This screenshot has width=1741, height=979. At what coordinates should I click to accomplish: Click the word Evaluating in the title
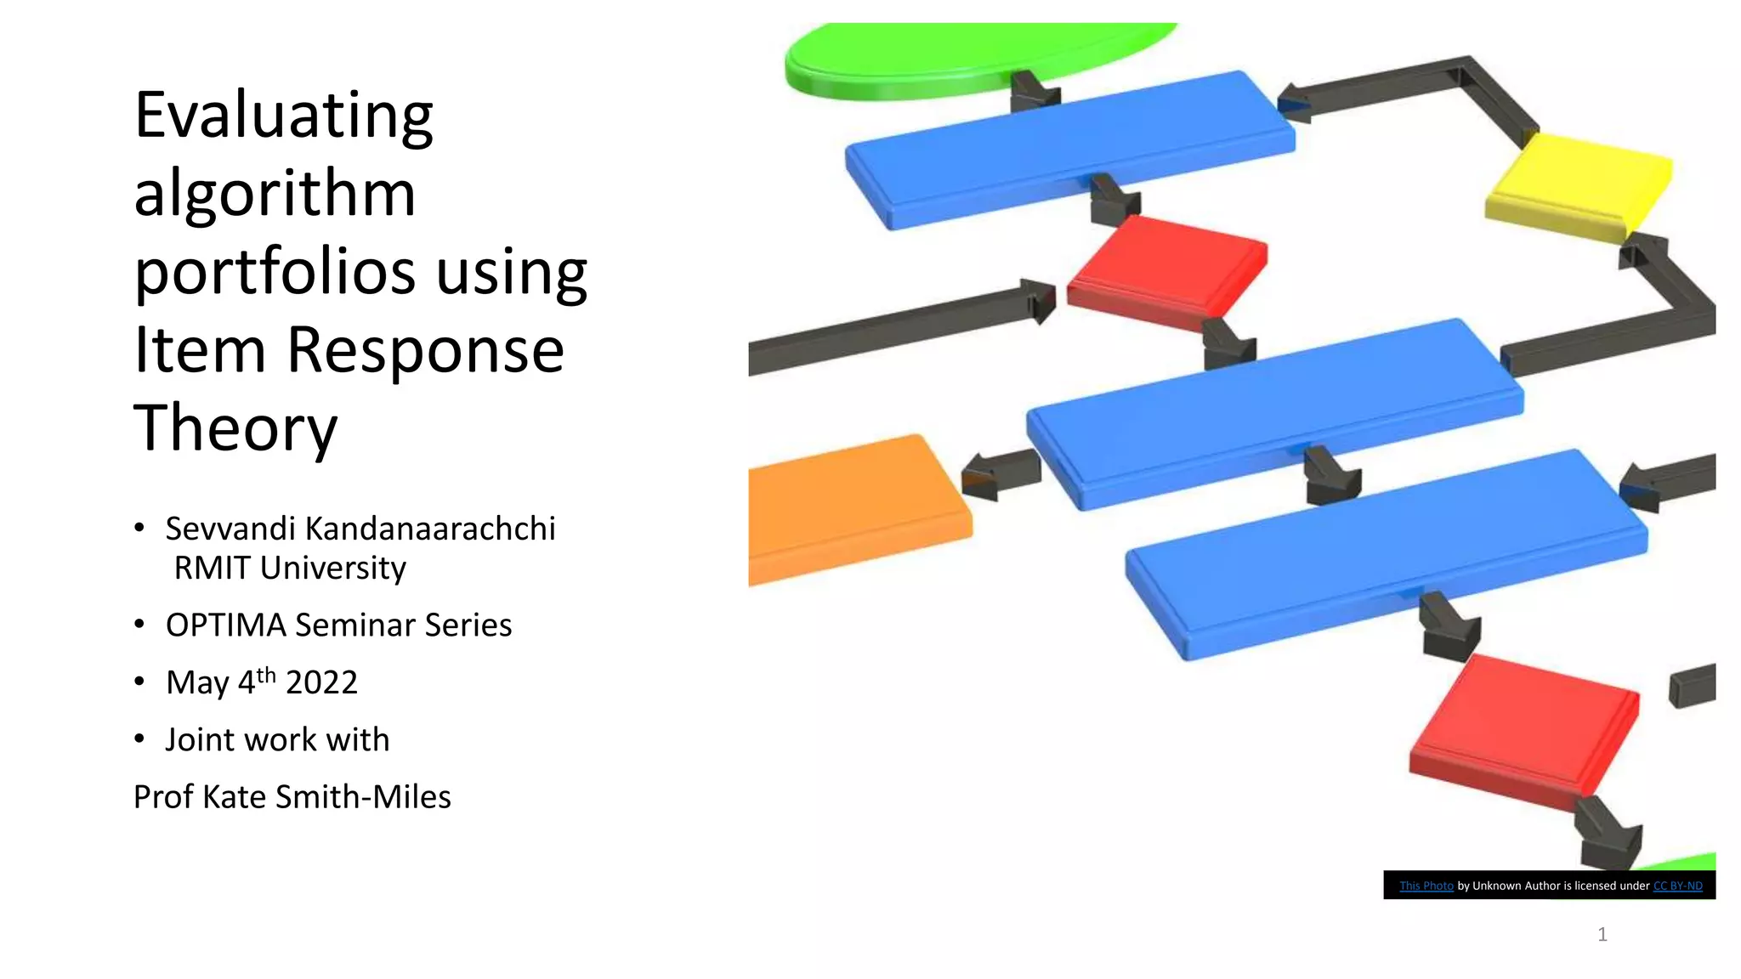[284, 116]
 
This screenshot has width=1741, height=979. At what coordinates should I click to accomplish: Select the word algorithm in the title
[275, 194]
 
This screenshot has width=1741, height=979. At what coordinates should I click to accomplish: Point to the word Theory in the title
[235, 428]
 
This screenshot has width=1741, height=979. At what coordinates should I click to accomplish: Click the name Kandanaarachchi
[430, 529]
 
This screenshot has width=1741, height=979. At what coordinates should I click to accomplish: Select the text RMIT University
[290, 568]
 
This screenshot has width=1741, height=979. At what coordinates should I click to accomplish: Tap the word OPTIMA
[226, 625]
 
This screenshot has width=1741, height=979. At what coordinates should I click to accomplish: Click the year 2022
[321, 682]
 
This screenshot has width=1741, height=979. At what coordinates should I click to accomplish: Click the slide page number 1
[1602, 935]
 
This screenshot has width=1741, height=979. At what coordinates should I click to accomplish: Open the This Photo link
[1426, 886]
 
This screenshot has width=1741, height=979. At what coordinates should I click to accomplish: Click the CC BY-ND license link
[1677, 886]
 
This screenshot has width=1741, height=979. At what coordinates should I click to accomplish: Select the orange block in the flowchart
[850, 508]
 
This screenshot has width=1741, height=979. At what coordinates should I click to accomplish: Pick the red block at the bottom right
[1522, 731]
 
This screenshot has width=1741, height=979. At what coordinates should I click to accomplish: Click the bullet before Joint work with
[139, 738]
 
